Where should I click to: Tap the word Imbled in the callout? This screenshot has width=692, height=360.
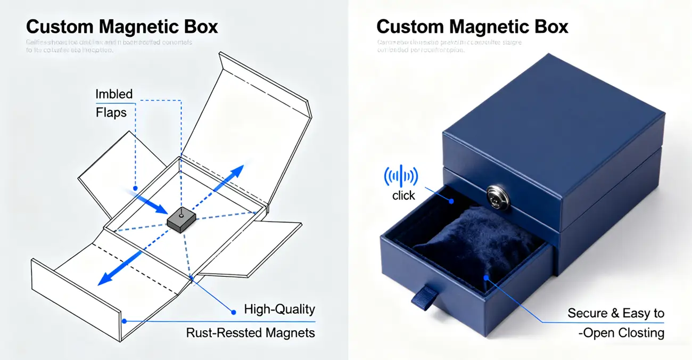pyautogui.click(x=114, y=94)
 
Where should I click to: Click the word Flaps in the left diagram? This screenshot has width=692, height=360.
pyautogui.click(x=111, y=112)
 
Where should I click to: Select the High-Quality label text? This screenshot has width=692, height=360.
pyautogui.click(x=279, y=309)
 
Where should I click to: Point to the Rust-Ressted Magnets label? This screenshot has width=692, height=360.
pyautogui.click(x=250, y=333)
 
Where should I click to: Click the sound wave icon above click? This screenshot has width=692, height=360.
pyautogui.click(x=401, y=176)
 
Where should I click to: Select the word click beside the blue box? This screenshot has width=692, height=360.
pyautogui.click(x=403, y=195)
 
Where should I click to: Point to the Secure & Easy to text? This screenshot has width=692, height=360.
pyautogui.click(x=615, y=313)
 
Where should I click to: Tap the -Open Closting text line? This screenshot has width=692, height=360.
pyautogui.click(x=621, y=333)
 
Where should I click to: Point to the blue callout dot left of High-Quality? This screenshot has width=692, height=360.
pyautogui.click(x=232, y=310)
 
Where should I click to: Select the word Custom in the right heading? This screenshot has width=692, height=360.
pyautogui.click(x=408, y=27)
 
